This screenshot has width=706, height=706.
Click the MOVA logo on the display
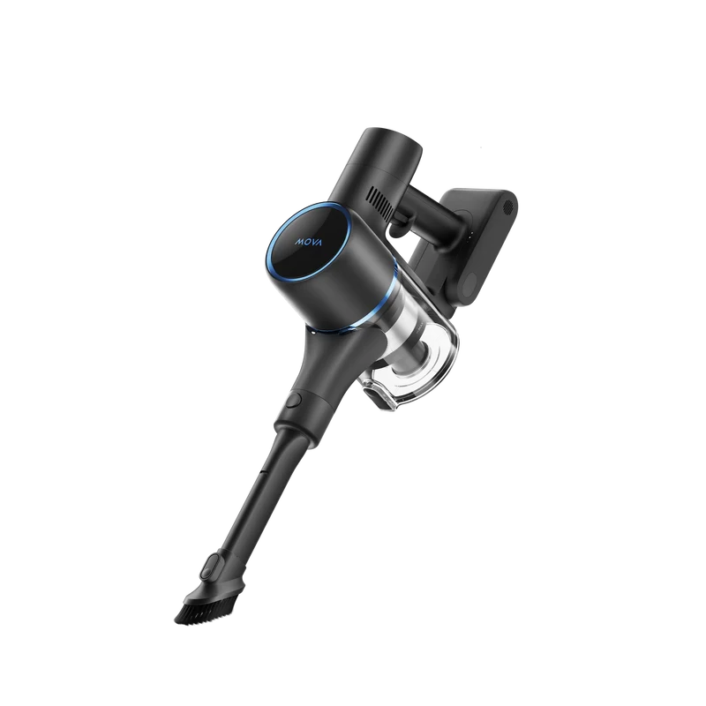[x=309, y=242]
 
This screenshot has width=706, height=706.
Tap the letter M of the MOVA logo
[x=299, y=242]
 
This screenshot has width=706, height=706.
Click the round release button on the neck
[x=295, y=401]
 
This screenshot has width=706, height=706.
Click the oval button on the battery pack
[x=470, y=283]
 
